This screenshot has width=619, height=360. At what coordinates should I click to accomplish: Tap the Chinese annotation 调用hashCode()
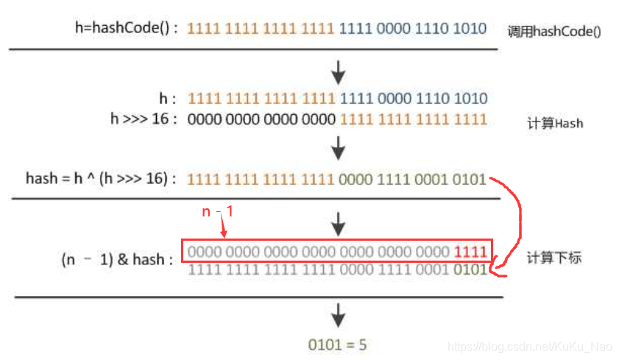555,32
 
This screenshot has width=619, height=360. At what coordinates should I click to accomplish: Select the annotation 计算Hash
555,123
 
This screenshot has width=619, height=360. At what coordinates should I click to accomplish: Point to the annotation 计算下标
554,258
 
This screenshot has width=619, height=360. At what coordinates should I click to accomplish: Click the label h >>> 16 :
144,118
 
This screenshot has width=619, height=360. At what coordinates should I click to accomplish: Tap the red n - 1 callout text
218,211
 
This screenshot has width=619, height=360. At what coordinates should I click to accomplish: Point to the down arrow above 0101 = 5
338,317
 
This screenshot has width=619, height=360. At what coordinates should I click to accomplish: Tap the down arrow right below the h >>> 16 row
338,150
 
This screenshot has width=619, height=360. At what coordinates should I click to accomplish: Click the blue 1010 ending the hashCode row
470,29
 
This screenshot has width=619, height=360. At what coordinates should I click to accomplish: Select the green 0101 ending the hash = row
470,178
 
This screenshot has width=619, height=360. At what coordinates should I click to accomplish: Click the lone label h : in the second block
168,99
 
